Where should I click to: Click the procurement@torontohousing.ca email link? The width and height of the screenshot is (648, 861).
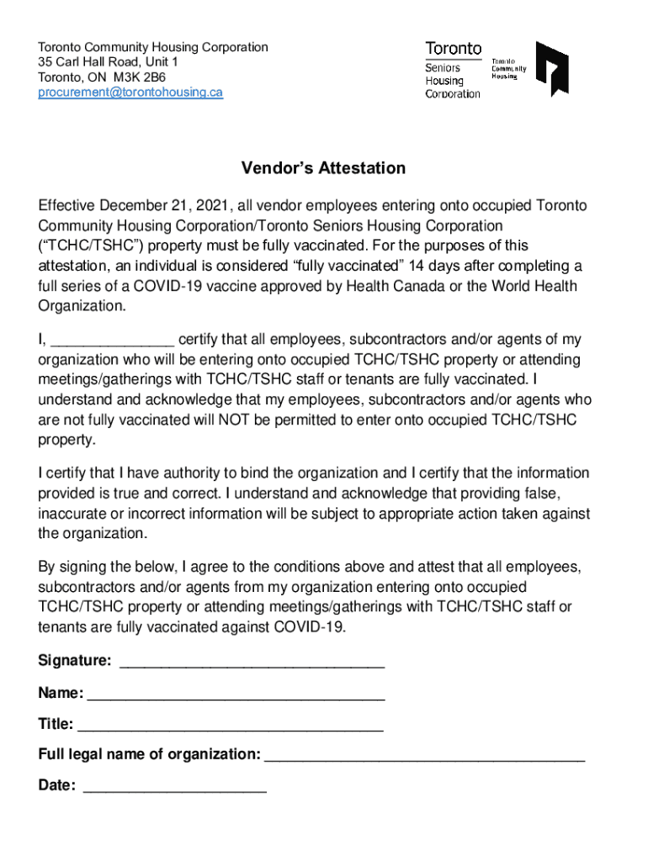[130, 92]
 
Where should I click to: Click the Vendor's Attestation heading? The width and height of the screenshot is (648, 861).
[323, 168]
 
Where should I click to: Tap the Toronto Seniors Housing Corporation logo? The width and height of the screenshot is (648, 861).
[454, 70]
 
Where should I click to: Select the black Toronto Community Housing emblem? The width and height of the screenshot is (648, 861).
[552, 69]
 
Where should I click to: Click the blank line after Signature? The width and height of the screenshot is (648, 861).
[252, 663]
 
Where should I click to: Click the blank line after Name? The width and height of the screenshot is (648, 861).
[236, 695]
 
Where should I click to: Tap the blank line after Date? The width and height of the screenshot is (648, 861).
[174, 788]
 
